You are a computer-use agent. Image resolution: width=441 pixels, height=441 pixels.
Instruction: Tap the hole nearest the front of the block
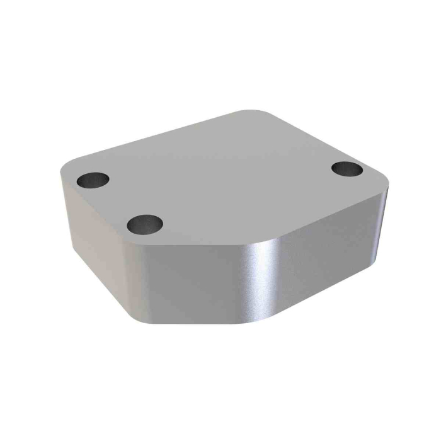[x=144, y=223]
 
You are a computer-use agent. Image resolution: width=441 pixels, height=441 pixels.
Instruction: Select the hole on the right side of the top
[x=346, y=169]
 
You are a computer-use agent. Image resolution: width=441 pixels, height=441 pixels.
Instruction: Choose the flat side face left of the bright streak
[x=189, y=283]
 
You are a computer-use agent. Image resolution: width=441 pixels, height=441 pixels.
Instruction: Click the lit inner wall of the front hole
[x=151, y=220]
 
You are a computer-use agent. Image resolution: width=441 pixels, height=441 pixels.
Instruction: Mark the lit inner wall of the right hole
[x=353, y=166]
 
